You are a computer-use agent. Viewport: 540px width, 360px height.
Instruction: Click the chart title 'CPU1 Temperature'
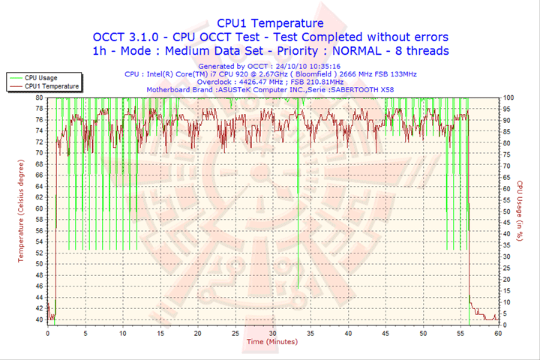(270, 23)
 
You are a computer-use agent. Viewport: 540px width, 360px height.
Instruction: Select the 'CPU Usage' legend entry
(40, 77)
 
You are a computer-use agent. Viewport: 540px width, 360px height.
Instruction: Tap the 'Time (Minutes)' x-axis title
(271, 342)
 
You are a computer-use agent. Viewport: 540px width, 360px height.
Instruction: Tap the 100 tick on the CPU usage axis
(508, 97)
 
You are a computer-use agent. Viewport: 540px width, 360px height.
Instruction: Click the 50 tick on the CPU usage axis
(507, 211)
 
